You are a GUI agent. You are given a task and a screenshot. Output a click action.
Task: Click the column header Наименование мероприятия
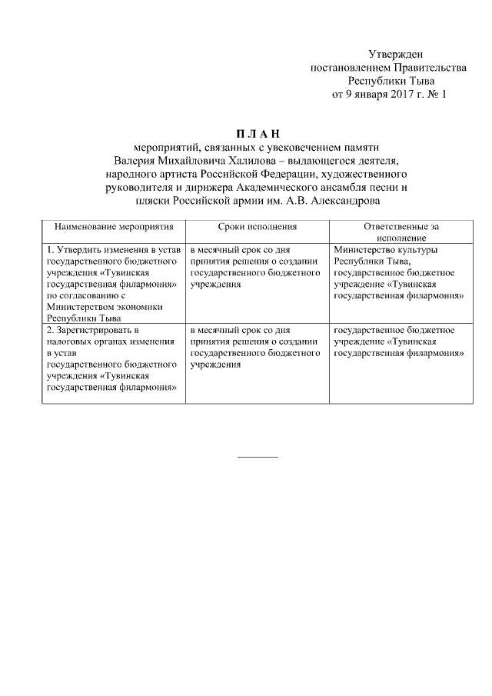114,228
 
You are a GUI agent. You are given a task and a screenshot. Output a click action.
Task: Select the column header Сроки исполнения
257,228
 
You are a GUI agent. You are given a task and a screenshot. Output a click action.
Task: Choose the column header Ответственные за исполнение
398,234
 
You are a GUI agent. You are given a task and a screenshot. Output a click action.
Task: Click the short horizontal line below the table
258,458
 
